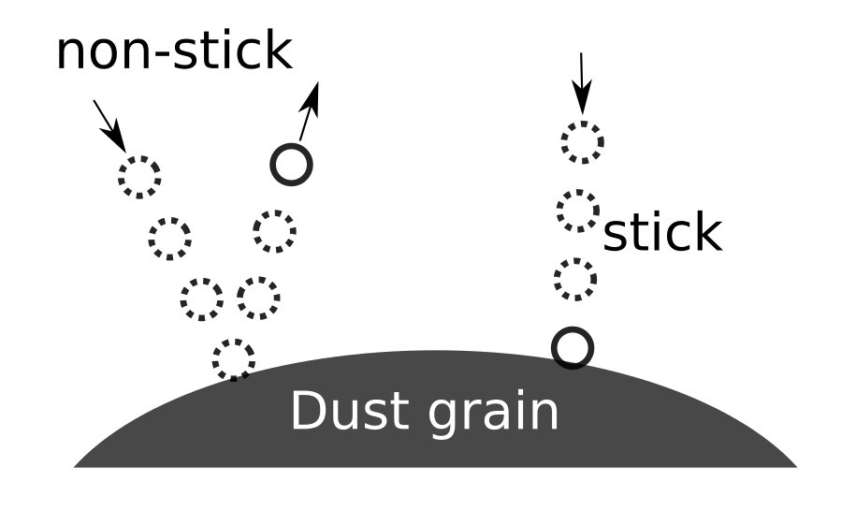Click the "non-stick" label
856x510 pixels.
pos(174,51)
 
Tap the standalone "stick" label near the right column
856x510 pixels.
pos(662,234)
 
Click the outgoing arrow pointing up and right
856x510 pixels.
pos(310,110)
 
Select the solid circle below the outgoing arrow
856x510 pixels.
pos(290,165)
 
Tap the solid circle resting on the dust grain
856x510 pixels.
pos(573,347)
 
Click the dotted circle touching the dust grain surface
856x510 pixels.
pos(233,359)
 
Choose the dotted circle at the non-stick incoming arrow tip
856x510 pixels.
pos(139,175)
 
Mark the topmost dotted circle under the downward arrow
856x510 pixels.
pos(582,142)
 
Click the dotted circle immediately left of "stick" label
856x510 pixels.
pos(578,211)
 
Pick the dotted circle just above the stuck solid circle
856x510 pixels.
pos(574,279)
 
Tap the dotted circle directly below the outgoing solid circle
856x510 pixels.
pos(274,230)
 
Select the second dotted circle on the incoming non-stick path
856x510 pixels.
pos(170,238)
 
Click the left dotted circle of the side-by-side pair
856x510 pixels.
pos(202,299)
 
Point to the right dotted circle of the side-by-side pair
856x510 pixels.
pos(258,299)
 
